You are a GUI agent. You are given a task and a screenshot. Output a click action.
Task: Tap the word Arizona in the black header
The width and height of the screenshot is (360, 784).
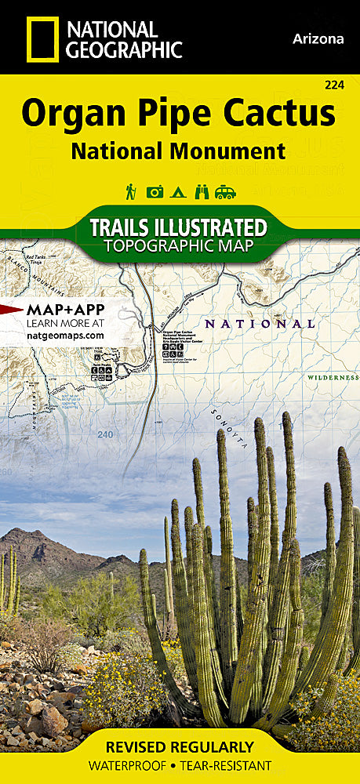(x=318, y=38)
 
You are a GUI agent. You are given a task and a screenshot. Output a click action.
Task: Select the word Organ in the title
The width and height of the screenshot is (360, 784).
(x=66, y=114)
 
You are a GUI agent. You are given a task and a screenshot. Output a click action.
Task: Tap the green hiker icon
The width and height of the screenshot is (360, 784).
(x=130, y=191)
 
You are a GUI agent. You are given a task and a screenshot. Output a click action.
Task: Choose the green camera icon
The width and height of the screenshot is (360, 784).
(x=155, y=191)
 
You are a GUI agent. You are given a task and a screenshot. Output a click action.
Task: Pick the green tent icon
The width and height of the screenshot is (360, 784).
(x=179, y=191)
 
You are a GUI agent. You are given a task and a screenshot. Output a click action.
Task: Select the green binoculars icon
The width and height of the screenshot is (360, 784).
(x=202, y=191)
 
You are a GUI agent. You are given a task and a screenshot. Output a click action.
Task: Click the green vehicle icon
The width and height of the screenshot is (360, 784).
(x=227, y=191)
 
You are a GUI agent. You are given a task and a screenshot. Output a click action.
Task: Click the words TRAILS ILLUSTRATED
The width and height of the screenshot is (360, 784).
(x=178, y=228)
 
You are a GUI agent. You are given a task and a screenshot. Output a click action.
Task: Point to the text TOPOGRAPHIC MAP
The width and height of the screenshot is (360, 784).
(x=178, y=246)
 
